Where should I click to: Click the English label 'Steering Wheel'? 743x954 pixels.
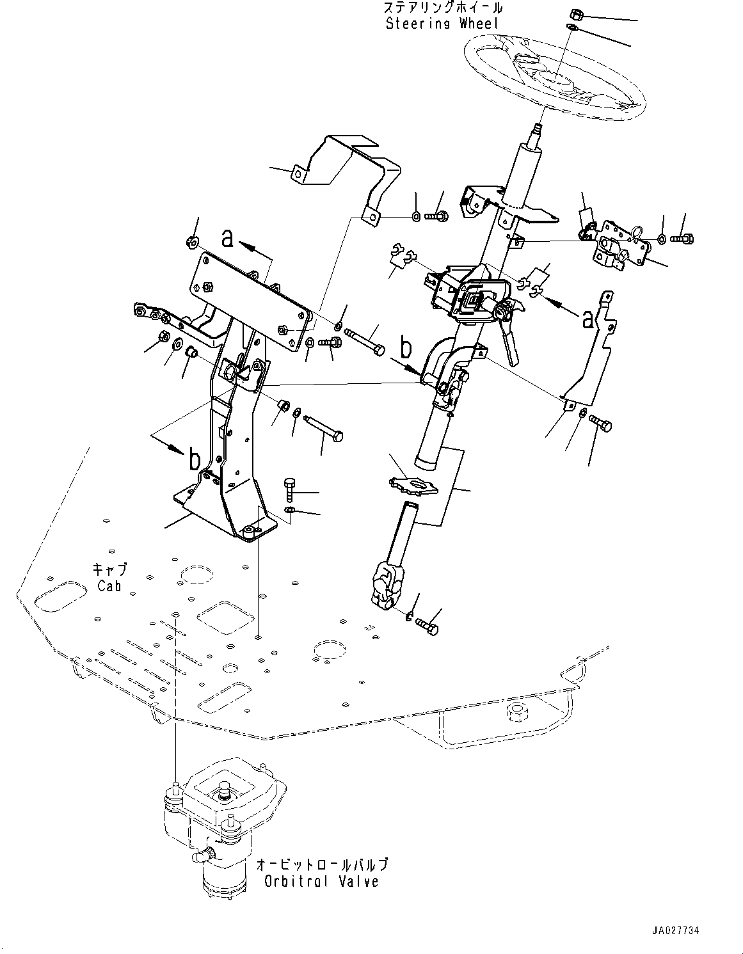point(442,24)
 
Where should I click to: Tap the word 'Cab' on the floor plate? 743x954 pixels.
point(109,585)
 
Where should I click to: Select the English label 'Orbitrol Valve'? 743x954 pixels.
point(321,881)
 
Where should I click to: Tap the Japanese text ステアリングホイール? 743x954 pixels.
point(442,8)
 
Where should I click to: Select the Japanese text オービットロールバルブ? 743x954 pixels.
point(321,865)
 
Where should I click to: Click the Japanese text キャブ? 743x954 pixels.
point(109,569)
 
